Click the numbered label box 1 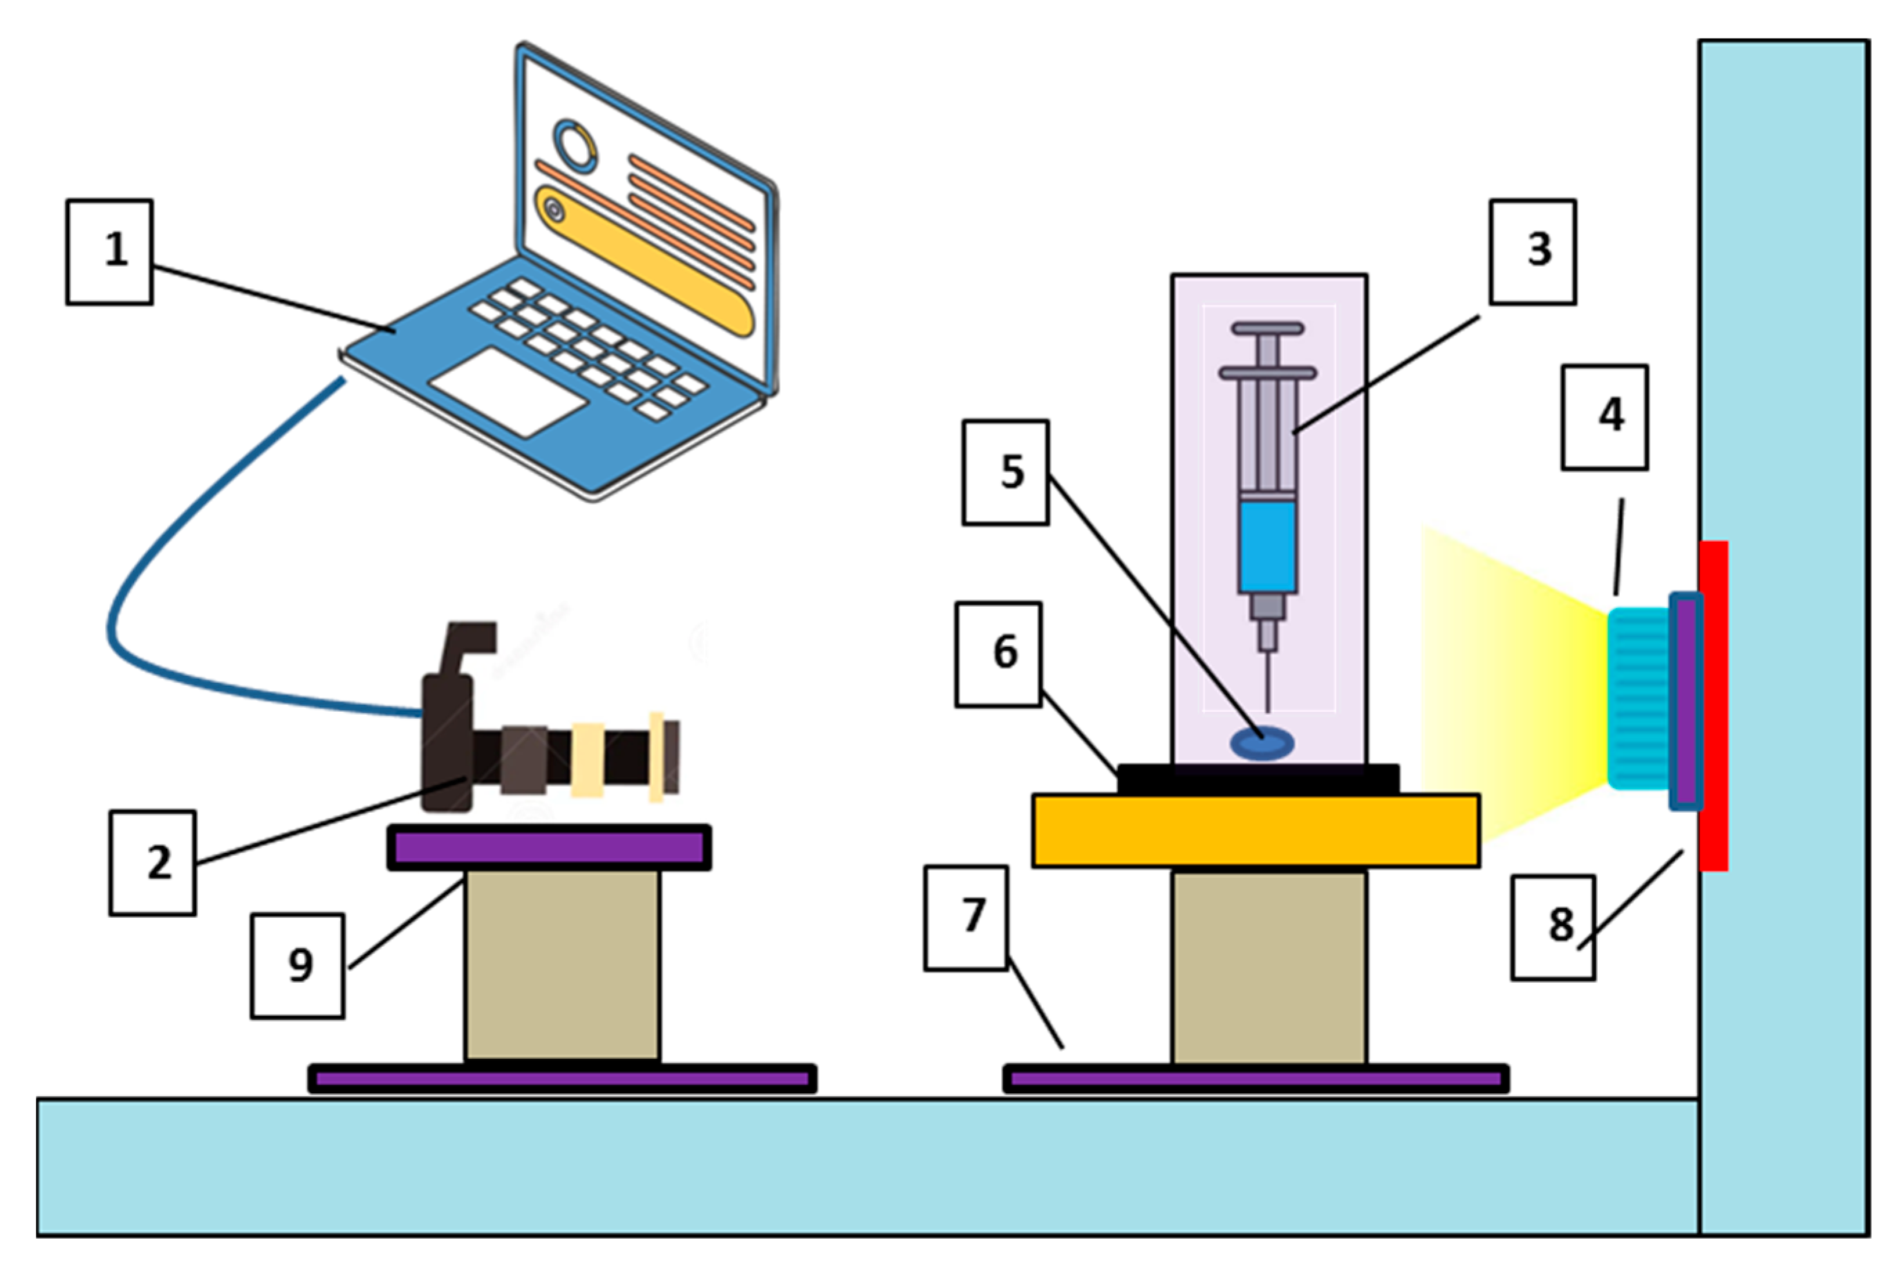tap(109, 252)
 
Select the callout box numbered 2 tap(153, 863)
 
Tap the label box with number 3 tap(1533, 252)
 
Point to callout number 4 tap(1604, 417)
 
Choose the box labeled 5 tap(1005, 473)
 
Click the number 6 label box tap(998, 654)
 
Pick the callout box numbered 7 tap(966, 918)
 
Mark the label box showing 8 tap(1553, 927)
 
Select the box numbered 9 tap(298, 966)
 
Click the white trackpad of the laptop tap(507, 392)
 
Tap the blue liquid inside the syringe tap(1267, 547)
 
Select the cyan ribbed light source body tap(1638, 699)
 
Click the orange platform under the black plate tap(1255, 831)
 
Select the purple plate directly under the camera tap(549, 847)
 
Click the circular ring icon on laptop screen tap(575, 146)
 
